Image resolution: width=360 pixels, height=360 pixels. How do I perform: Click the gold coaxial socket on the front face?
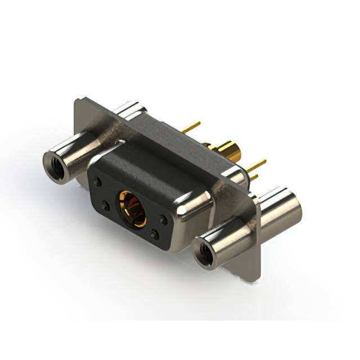tap(130, 209)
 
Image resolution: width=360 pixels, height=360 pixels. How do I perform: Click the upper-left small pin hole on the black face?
tap(99, 182)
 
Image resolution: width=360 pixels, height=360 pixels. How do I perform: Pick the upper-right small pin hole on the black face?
tap(163, 218)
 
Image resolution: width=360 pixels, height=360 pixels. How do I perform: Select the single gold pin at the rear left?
tap(191, 127)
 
